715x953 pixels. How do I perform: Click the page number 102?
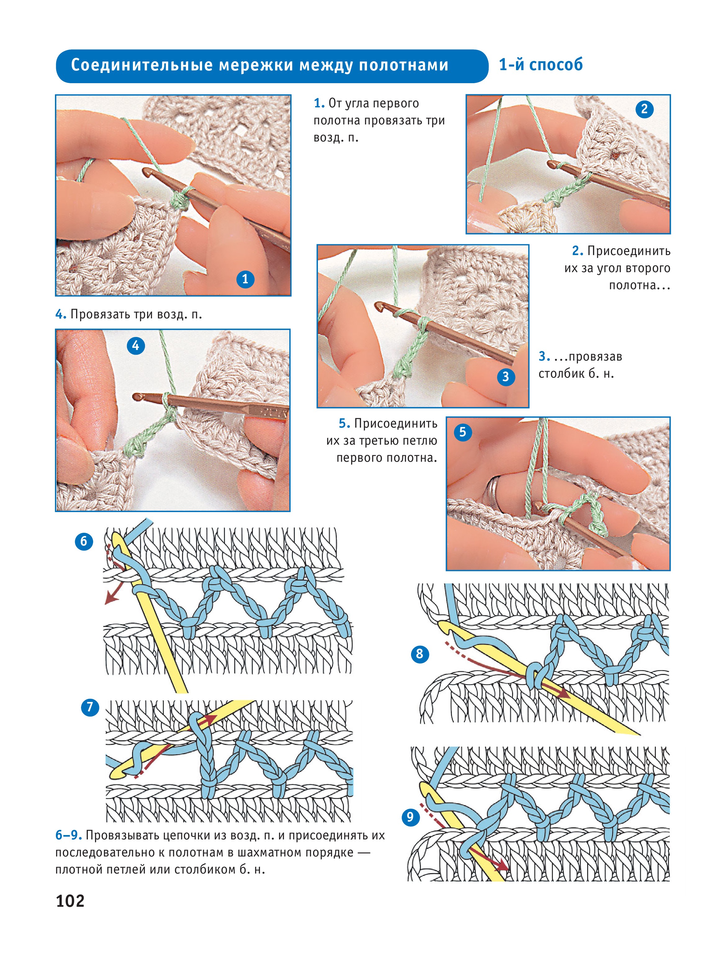point(70,901)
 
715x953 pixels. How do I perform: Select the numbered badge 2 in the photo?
point(644,109)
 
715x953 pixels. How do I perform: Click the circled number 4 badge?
point(136,345)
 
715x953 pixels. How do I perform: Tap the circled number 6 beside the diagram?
point(84,542)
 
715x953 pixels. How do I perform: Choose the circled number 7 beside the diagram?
point(90,707)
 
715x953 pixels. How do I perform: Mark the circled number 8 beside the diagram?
point(420,654)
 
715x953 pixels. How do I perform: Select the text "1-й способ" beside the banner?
point(541,65)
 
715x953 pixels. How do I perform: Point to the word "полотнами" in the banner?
point(404,65)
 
